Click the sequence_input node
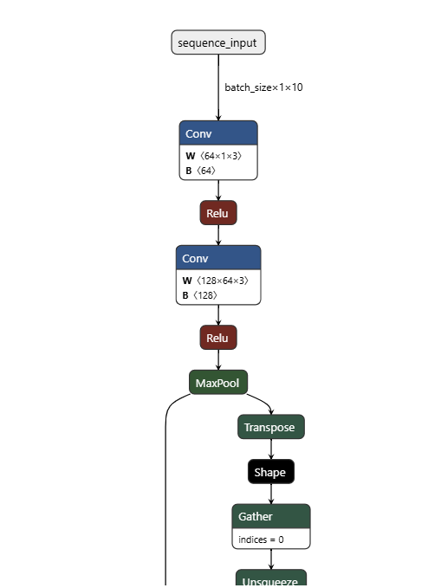[x=218, y=42]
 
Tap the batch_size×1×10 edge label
[x=263, y=87]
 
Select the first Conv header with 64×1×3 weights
[x=218, y=133]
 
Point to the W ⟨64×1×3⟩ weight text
[x=213, y=156]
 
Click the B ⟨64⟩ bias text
[x=200, y=171]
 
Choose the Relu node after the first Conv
[x=218, y=212]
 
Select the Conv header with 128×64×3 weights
[x=218, y=258]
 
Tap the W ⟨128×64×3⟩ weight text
[x=215, y=281]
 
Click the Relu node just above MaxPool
[x=218, y=337]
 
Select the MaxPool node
[x=218, y=382]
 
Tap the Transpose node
[x=271, y=427]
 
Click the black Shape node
[x=271, y=472]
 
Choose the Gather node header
[x=271, y=516]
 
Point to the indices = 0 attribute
[x=261, y=539]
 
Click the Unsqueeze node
[x=271, y=580]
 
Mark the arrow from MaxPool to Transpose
[x=263, y=401]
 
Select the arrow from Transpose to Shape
[x=271, y=449]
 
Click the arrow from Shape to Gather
[x=271, y=494]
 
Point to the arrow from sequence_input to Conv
[x=218, y=87]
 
